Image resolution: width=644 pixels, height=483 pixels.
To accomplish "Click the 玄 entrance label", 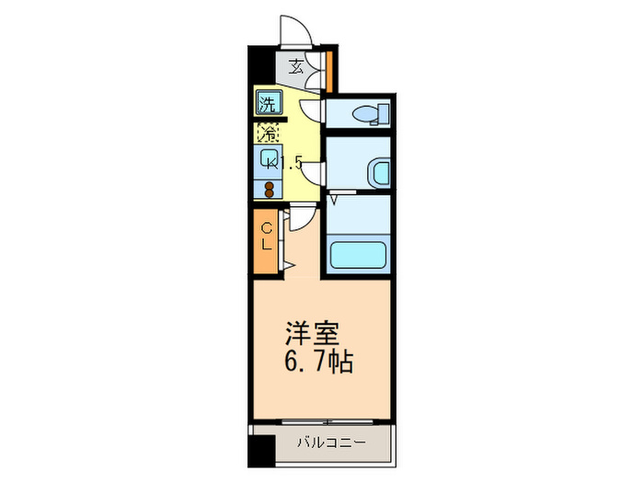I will coord(297,65).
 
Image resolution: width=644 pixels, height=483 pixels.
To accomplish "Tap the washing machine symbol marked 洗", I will coord(267,101).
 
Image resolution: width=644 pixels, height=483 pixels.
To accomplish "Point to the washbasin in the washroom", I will coord(378,171).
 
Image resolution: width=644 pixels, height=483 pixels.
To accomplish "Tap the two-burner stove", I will coord(269,189).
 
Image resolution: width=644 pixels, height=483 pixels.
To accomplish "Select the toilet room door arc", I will coord(312,111).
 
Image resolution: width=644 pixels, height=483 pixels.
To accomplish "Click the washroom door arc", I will coord(315,172).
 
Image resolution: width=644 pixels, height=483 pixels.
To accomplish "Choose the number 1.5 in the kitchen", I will coord(293,164).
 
